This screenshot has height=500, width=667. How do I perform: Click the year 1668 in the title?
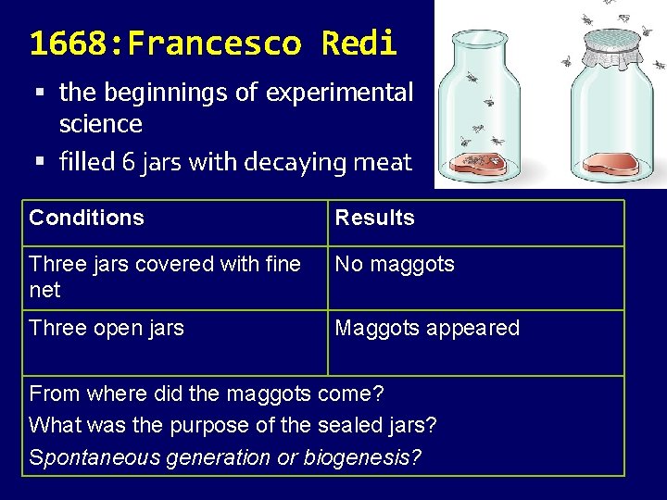pyautogui.click(x=71, y=44)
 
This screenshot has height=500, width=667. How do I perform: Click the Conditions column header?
pyautogui.click(x=87, y=218)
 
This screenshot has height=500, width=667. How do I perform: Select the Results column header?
pyautogui.click(x=374, y=218)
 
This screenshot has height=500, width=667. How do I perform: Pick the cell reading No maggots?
pyautogui.click(x=395, y=264)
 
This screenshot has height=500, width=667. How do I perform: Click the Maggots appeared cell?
pyautogui.click(x=427, y=328)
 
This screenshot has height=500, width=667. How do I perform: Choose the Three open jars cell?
pyautogui.click(x=107, y=328)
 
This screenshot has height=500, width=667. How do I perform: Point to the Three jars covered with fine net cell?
pyautogui.click(x=165, y=276)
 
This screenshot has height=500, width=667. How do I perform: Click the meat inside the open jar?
pyautogui.click(x=480, y=164)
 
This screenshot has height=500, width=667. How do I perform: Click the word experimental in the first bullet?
pyautogui.click(x=339, y=93)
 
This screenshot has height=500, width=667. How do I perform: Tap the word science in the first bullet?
pyautogui.click(x=100, y=123)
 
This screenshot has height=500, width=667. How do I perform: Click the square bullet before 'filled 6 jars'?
pyautogui.click(x=40, y=163)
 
